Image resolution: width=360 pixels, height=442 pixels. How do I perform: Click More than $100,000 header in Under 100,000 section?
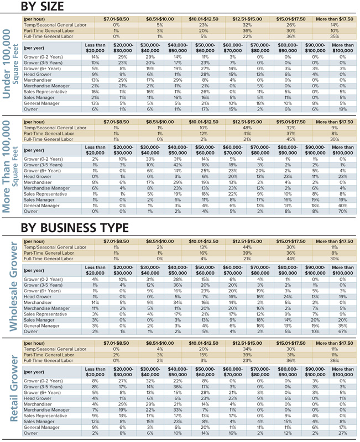coord(343,48)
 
